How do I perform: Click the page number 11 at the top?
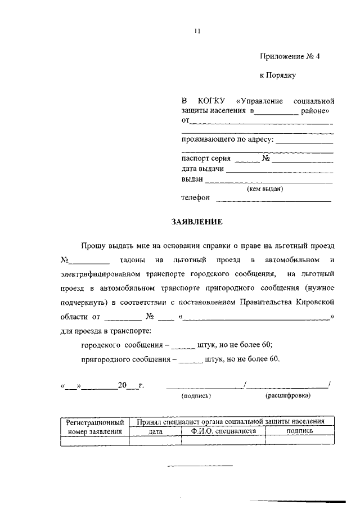(197, 31)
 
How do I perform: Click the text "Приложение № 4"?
(289, 56)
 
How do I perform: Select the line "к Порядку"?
(277, 74)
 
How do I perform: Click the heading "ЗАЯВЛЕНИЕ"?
(197, 222)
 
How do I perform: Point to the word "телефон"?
(195, 198)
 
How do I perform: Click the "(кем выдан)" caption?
(265, 189)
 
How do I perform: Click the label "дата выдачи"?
(202, 169)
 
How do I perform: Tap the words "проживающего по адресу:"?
(227, 139)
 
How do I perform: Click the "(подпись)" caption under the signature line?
(196, 396)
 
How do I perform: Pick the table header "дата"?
(156, 432)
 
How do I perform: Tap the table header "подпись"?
(300, 431)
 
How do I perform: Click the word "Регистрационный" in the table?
(94, 421)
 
